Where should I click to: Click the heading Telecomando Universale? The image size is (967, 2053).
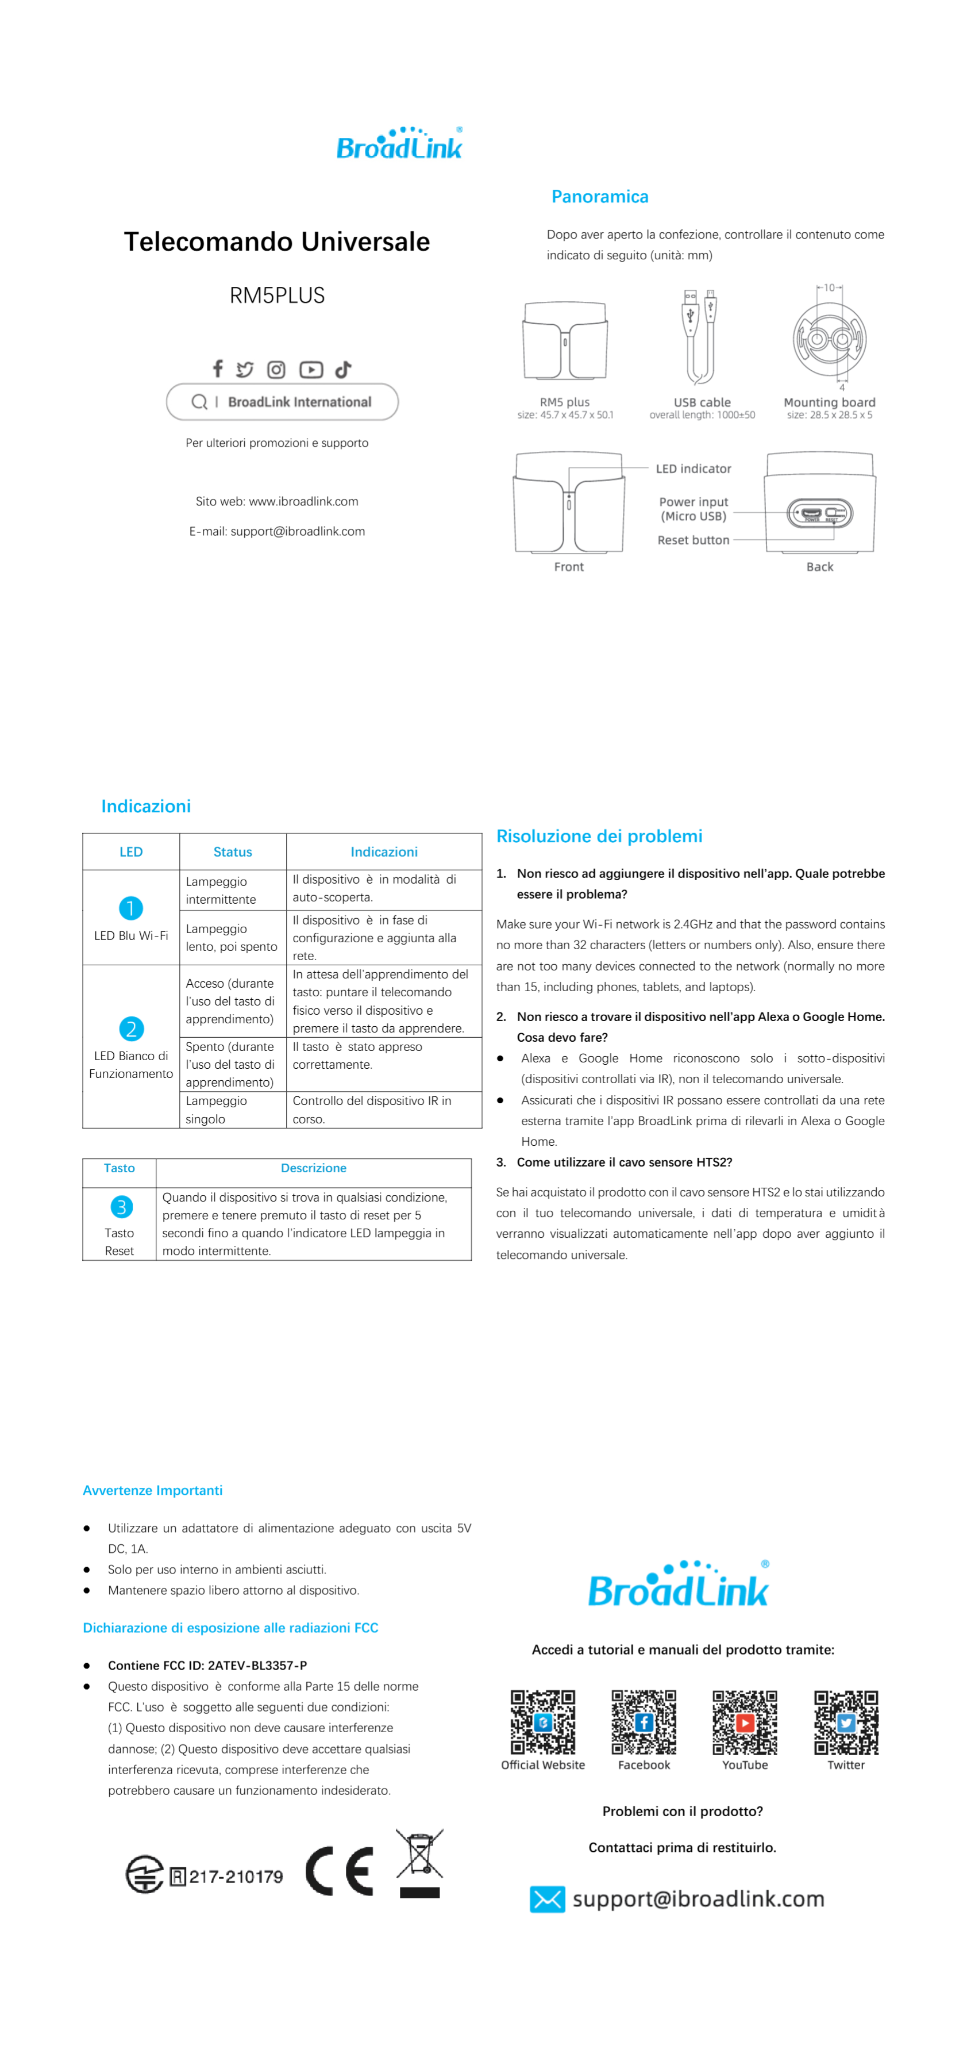pos(276,241)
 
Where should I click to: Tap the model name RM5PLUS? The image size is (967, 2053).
pos(276,296)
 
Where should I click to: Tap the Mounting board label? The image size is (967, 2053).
pos(829,402)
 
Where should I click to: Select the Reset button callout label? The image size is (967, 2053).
pos(693,540)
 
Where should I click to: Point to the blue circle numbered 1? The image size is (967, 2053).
pos(130,908)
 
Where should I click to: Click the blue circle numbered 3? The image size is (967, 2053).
pos(121,1207)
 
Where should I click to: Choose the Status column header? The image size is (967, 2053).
pos(233,852)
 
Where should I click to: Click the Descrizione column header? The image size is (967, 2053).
pos(313,1168)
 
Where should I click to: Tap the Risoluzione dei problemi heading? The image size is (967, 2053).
pos(599,836)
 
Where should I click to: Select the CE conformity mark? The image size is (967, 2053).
pos(340,1871)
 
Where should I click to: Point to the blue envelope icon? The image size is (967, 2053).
pos(547,1899)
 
